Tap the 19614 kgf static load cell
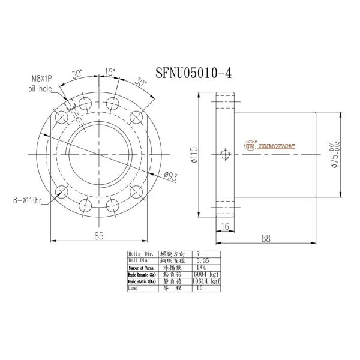206,281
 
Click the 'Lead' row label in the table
134,288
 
